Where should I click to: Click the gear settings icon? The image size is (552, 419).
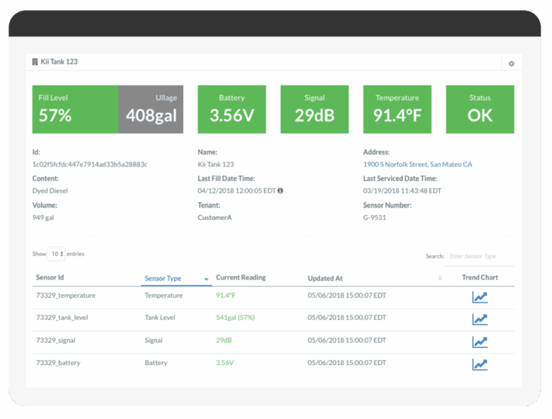511,64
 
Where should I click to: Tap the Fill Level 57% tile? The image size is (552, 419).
75,109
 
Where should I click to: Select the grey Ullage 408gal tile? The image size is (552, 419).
151,109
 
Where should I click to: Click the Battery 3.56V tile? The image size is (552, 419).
231,109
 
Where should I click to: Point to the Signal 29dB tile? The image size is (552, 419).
314,109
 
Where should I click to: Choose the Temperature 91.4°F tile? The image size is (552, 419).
397,109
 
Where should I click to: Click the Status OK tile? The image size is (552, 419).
479,109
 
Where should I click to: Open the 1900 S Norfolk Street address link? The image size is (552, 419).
418,165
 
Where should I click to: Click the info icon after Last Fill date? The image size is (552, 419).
280,190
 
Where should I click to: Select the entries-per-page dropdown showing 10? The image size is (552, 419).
56,254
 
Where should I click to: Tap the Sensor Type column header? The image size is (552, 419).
163,278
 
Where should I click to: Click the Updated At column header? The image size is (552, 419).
326,278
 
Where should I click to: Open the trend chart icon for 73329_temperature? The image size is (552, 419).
479,296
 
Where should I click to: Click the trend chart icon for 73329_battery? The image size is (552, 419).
479,364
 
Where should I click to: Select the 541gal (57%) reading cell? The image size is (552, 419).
235,317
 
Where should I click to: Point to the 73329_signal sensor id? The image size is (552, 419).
59,340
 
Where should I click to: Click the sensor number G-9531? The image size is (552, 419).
374,217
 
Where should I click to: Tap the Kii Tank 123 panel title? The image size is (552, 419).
59,62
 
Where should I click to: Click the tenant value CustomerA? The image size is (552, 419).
215,217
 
